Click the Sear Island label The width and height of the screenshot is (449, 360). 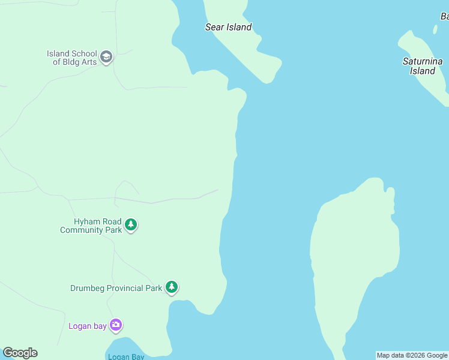coord(228,27)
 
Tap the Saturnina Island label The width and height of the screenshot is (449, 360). coord(422,66)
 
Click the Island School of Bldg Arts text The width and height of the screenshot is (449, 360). coord(72,58)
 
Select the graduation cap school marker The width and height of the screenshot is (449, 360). coord(106,58)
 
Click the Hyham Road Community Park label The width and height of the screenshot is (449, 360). coord(90,226)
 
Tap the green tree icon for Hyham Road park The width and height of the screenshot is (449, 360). coord(131,226)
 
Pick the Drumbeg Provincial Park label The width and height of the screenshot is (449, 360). coord(116,288)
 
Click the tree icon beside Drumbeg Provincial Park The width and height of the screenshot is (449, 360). coord(172,287)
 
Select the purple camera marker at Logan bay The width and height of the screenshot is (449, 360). coord(116,326)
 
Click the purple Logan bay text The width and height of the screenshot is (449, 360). coord(87,326)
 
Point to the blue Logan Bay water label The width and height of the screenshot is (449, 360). coord(127,357)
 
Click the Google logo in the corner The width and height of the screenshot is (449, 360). coord(20,353)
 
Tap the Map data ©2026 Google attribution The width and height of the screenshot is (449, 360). coord(412,355)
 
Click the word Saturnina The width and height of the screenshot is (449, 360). coord(422,61)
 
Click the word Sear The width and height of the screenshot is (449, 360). coord(214,27)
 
